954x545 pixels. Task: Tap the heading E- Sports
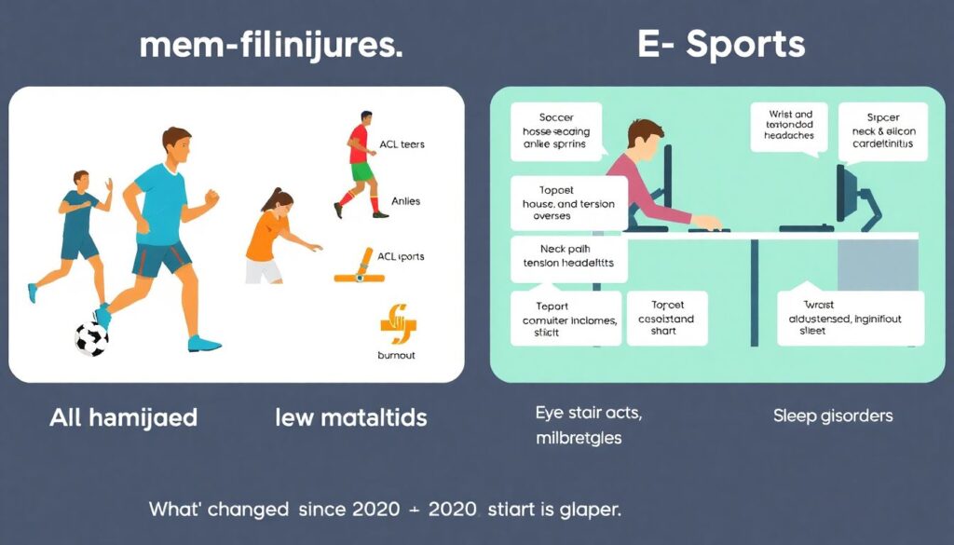(721, 45)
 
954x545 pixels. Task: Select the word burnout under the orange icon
(397, 356)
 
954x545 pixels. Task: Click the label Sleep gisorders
(833, 416)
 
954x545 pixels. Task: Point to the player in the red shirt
(360, 164)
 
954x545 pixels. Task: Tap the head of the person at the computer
(645, 138)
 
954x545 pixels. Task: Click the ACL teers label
(402, 144)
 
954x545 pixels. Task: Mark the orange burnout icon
(398, 323)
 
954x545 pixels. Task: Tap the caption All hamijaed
(123, 416)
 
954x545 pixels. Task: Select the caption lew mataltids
(351, 416)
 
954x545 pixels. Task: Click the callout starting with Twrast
(851, 318)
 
